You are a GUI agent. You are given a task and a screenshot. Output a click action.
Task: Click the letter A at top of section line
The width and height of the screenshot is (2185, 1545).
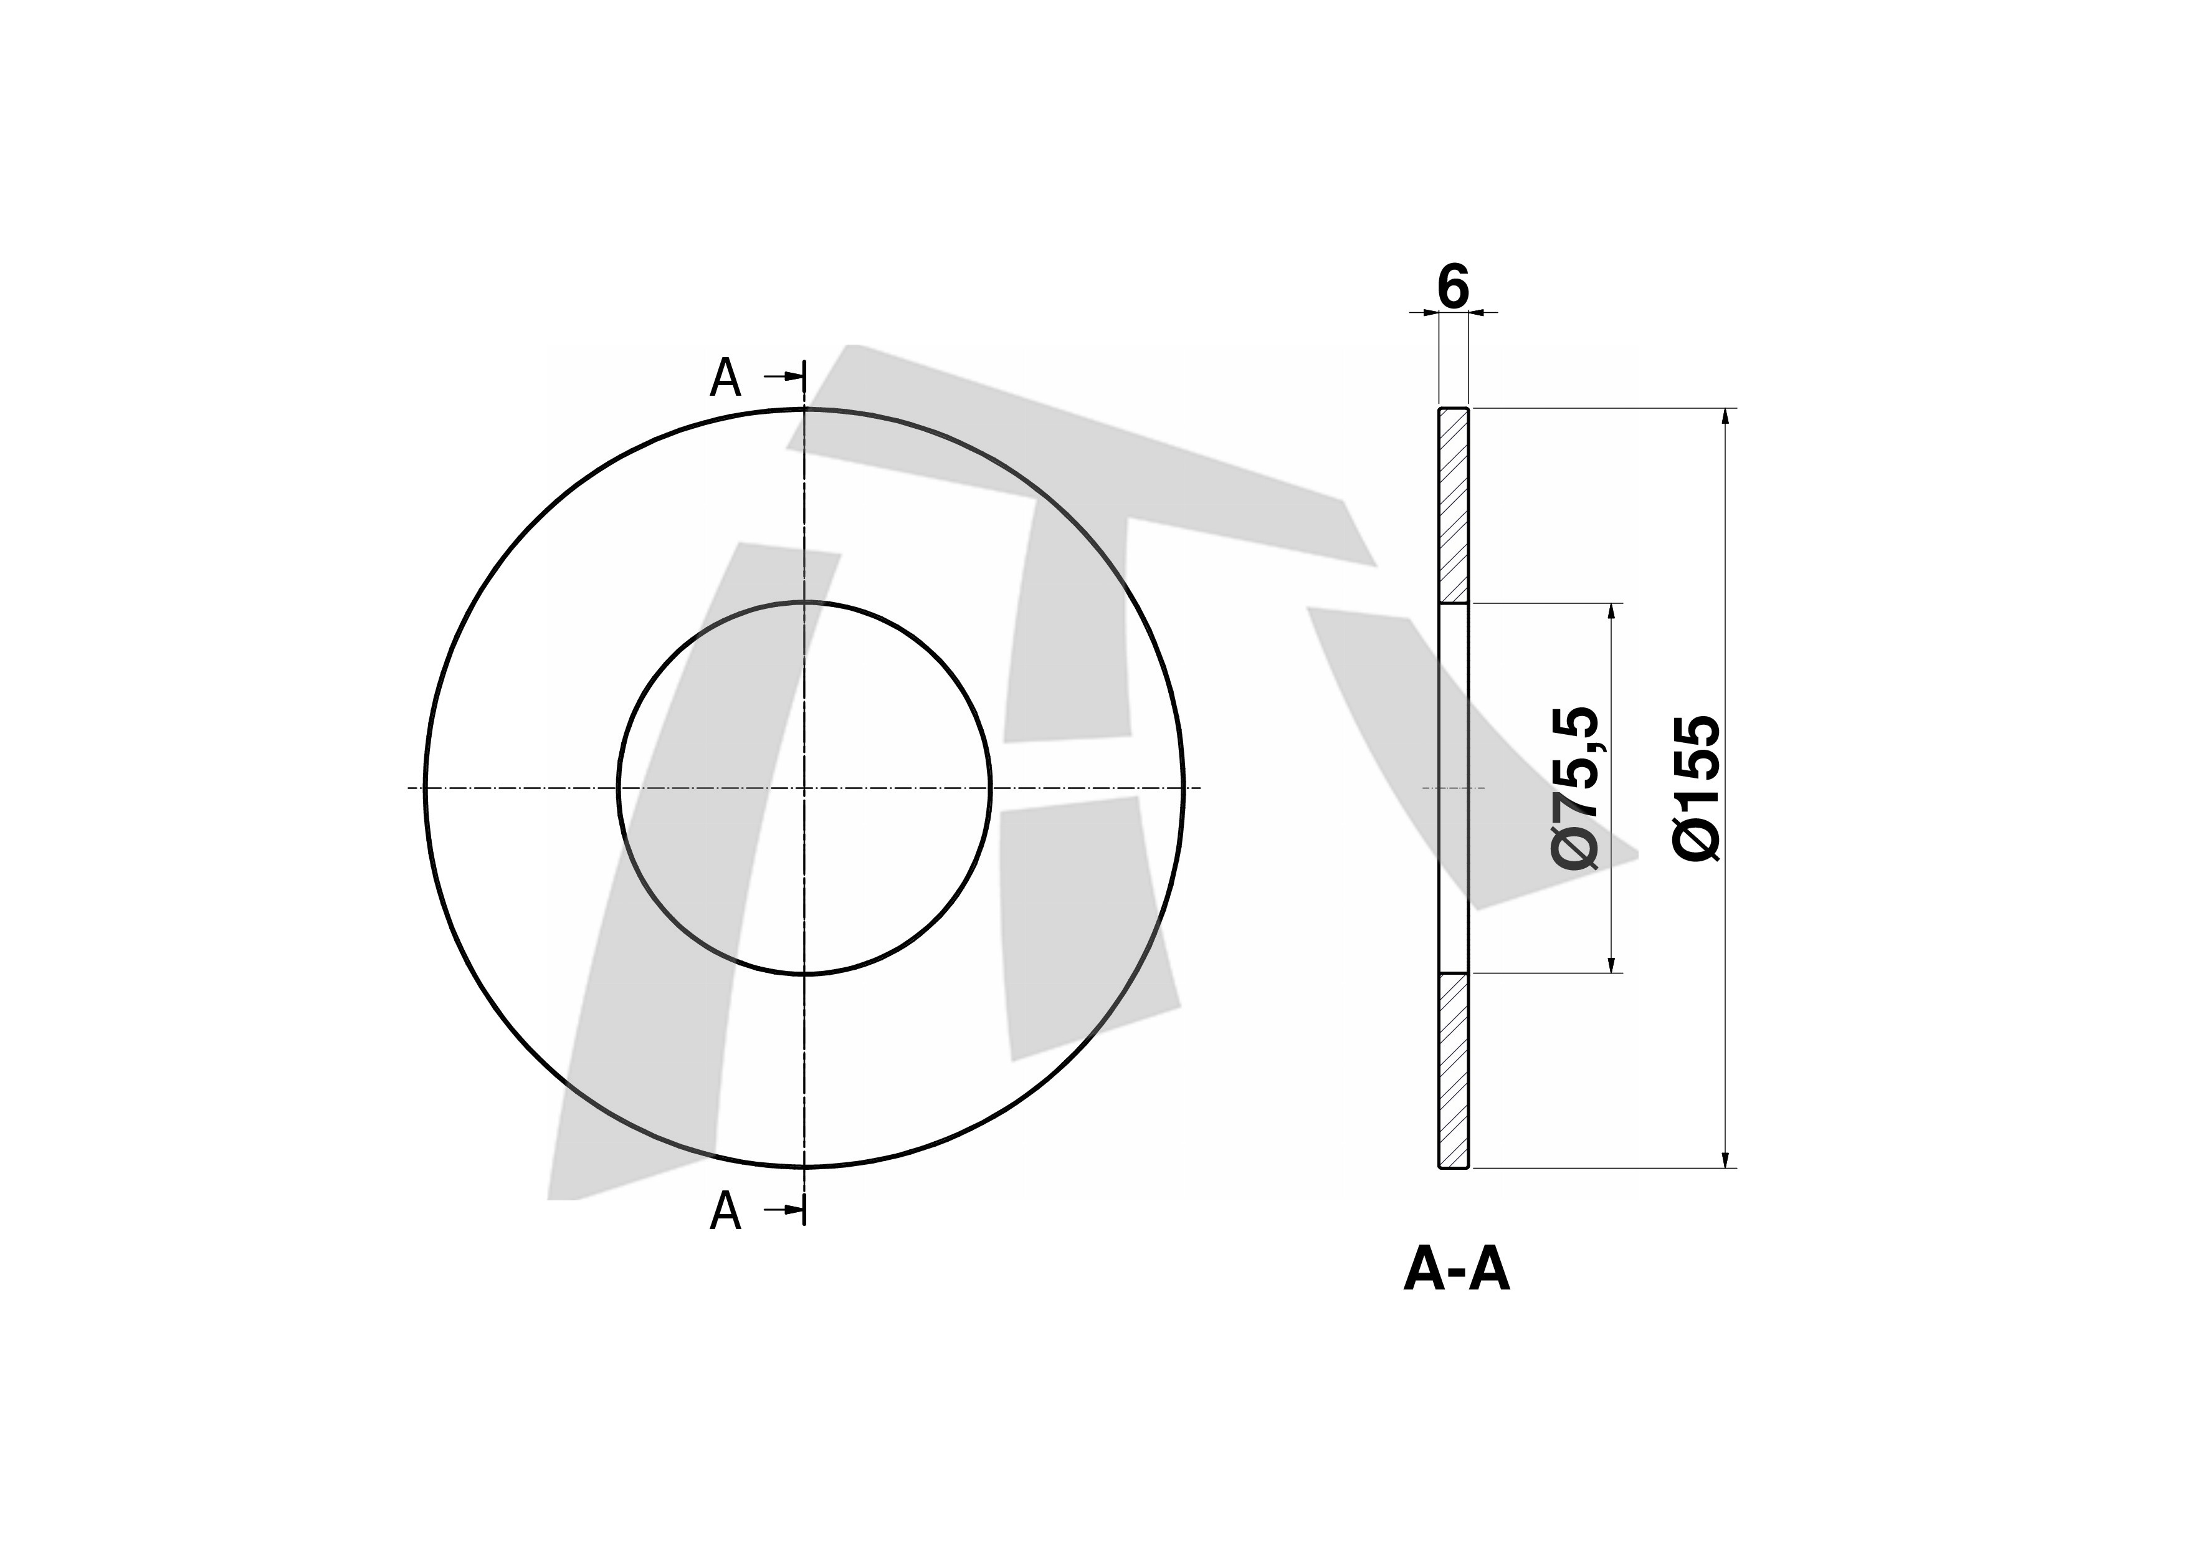[725, 379]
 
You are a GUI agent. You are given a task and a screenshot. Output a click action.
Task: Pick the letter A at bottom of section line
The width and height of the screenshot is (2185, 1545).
[725, 1212]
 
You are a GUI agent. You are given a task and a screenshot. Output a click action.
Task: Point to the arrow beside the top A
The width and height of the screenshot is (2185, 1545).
[784, 377]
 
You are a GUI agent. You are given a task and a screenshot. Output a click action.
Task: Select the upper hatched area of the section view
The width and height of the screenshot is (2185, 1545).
[1453, 505]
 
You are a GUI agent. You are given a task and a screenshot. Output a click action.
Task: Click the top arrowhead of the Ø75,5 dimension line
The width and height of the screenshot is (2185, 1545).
[1611, 612]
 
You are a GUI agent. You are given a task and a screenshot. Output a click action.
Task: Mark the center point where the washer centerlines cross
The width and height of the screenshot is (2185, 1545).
[804, 788]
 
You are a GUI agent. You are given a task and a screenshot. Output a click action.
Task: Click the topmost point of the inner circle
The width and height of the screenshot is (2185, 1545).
[804, 603]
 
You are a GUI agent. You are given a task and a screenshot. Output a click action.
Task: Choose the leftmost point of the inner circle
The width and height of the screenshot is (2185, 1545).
[619, 788]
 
